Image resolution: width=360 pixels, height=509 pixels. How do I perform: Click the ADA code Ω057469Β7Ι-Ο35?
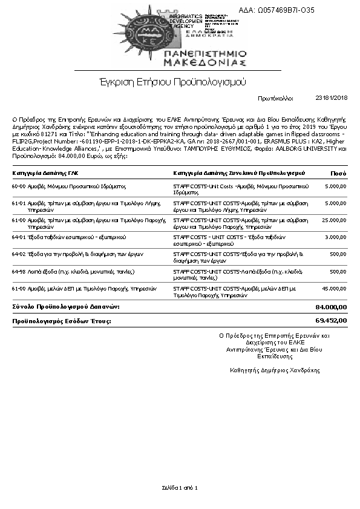click(x=285, y=10)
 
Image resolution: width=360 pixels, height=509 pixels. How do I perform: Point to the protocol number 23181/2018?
click(x=332, y=97)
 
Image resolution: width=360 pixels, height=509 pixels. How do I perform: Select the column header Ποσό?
click(x=338, y=173)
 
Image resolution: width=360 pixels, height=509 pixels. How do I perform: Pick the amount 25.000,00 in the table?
click(x=334, y=220)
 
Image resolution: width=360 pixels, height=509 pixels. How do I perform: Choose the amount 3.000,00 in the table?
click(x=335, y=237)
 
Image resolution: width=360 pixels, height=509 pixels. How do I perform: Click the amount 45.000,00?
click(x=334, y=288)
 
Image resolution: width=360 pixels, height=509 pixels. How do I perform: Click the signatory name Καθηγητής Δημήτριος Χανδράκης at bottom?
click(x=275, y=370)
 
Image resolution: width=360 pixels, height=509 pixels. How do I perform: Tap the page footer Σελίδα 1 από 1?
click(x=180, y=487)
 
